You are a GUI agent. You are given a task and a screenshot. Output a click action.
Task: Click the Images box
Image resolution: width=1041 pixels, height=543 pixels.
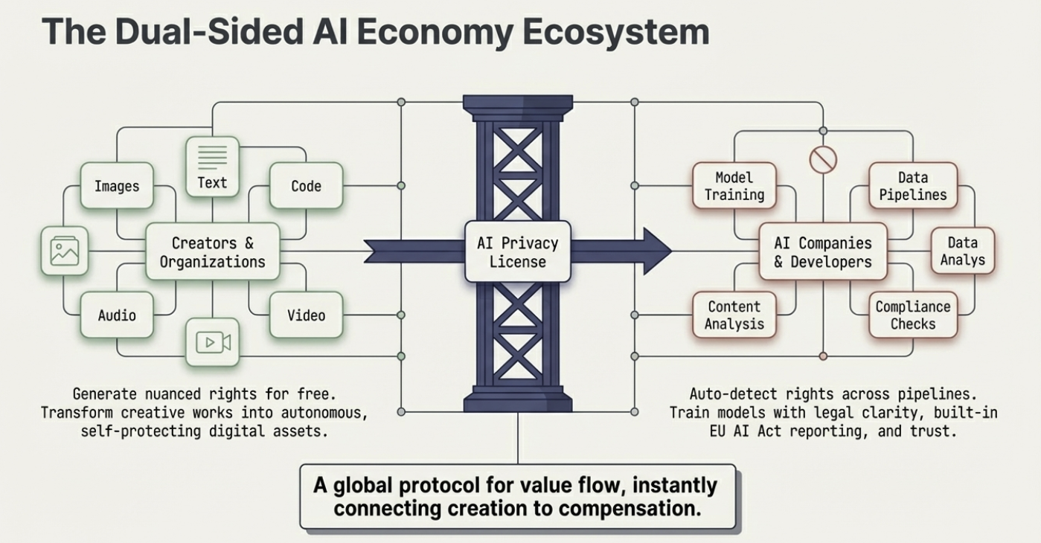(116, 186)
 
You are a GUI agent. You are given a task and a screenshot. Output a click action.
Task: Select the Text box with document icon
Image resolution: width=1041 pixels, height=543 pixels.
(212, 167)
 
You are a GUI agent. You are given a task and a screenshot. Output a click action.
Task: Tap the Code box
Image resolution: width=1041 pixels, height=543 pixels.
(306, 186)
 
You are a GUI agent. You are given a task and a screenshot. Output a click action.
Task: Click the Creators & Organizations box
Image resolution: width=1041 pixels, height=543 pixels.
(212, 252)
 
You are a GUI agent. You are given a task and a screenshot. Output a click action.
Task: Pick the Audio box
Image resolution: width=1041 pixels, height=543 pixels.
(116, 315)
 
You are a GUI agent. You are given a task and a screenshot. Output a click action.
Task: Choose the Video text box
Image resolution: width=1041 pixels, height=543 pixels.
(306, 315)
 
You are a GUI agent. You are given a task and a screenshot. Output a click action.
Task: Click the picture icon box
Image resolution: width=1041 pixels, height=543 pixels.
(64, 251)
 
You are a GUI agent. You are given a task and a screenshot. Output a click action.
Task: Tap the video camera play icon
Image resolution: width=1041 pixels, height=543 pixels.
(213, 342)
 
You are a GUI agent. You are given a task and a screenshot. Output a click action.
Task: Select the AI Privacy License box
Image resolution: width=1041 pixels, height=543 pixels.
(517, 252)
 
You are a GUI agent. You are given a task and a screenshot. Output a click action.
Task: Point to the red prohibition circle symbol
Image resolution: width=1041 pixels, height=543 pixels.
(823, 159)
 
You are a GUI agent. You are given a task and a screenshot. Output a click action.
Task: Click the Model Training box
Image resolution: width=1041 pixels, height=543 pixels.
(734, 186)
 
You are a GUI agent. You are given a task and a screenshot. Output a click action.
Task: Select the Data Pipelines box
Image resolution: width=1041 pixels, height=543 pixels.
(912, 186)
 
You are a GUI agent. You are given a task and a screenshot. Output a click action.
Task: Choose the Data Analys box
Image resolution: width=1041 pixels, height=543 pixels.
(962, 251)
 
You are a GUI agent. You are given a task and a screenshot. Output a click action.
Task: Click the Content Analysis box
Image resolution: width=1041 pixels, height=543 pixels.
(734, 315)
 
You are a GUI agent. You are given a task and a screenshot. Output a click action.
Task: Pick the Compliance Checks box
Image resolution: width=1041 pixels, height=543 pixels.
(912, 315)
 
